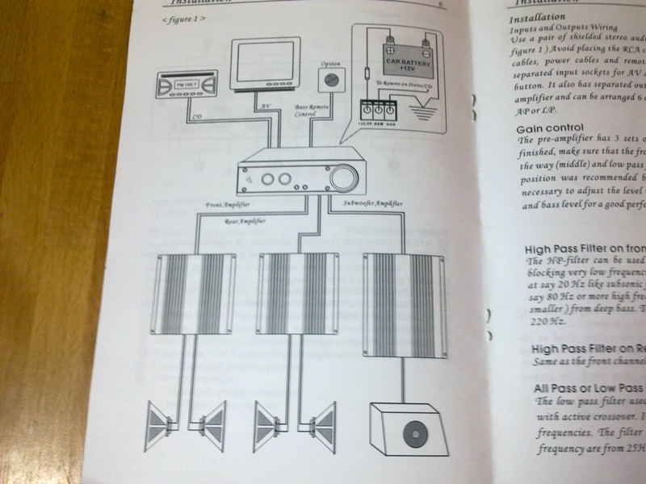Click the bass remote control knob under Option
pyautogui.click(x=329, y=80)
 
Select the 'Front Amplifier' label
pyautogui.click(x=229, y=207)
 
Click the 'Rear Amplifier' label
pyautogui.click(x=245, y=219)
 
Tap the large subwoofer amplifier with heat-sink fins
pyautogui.click(x=403, y=303)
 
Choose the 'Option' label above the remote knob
pyautogui.click(x=330, y=62)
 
